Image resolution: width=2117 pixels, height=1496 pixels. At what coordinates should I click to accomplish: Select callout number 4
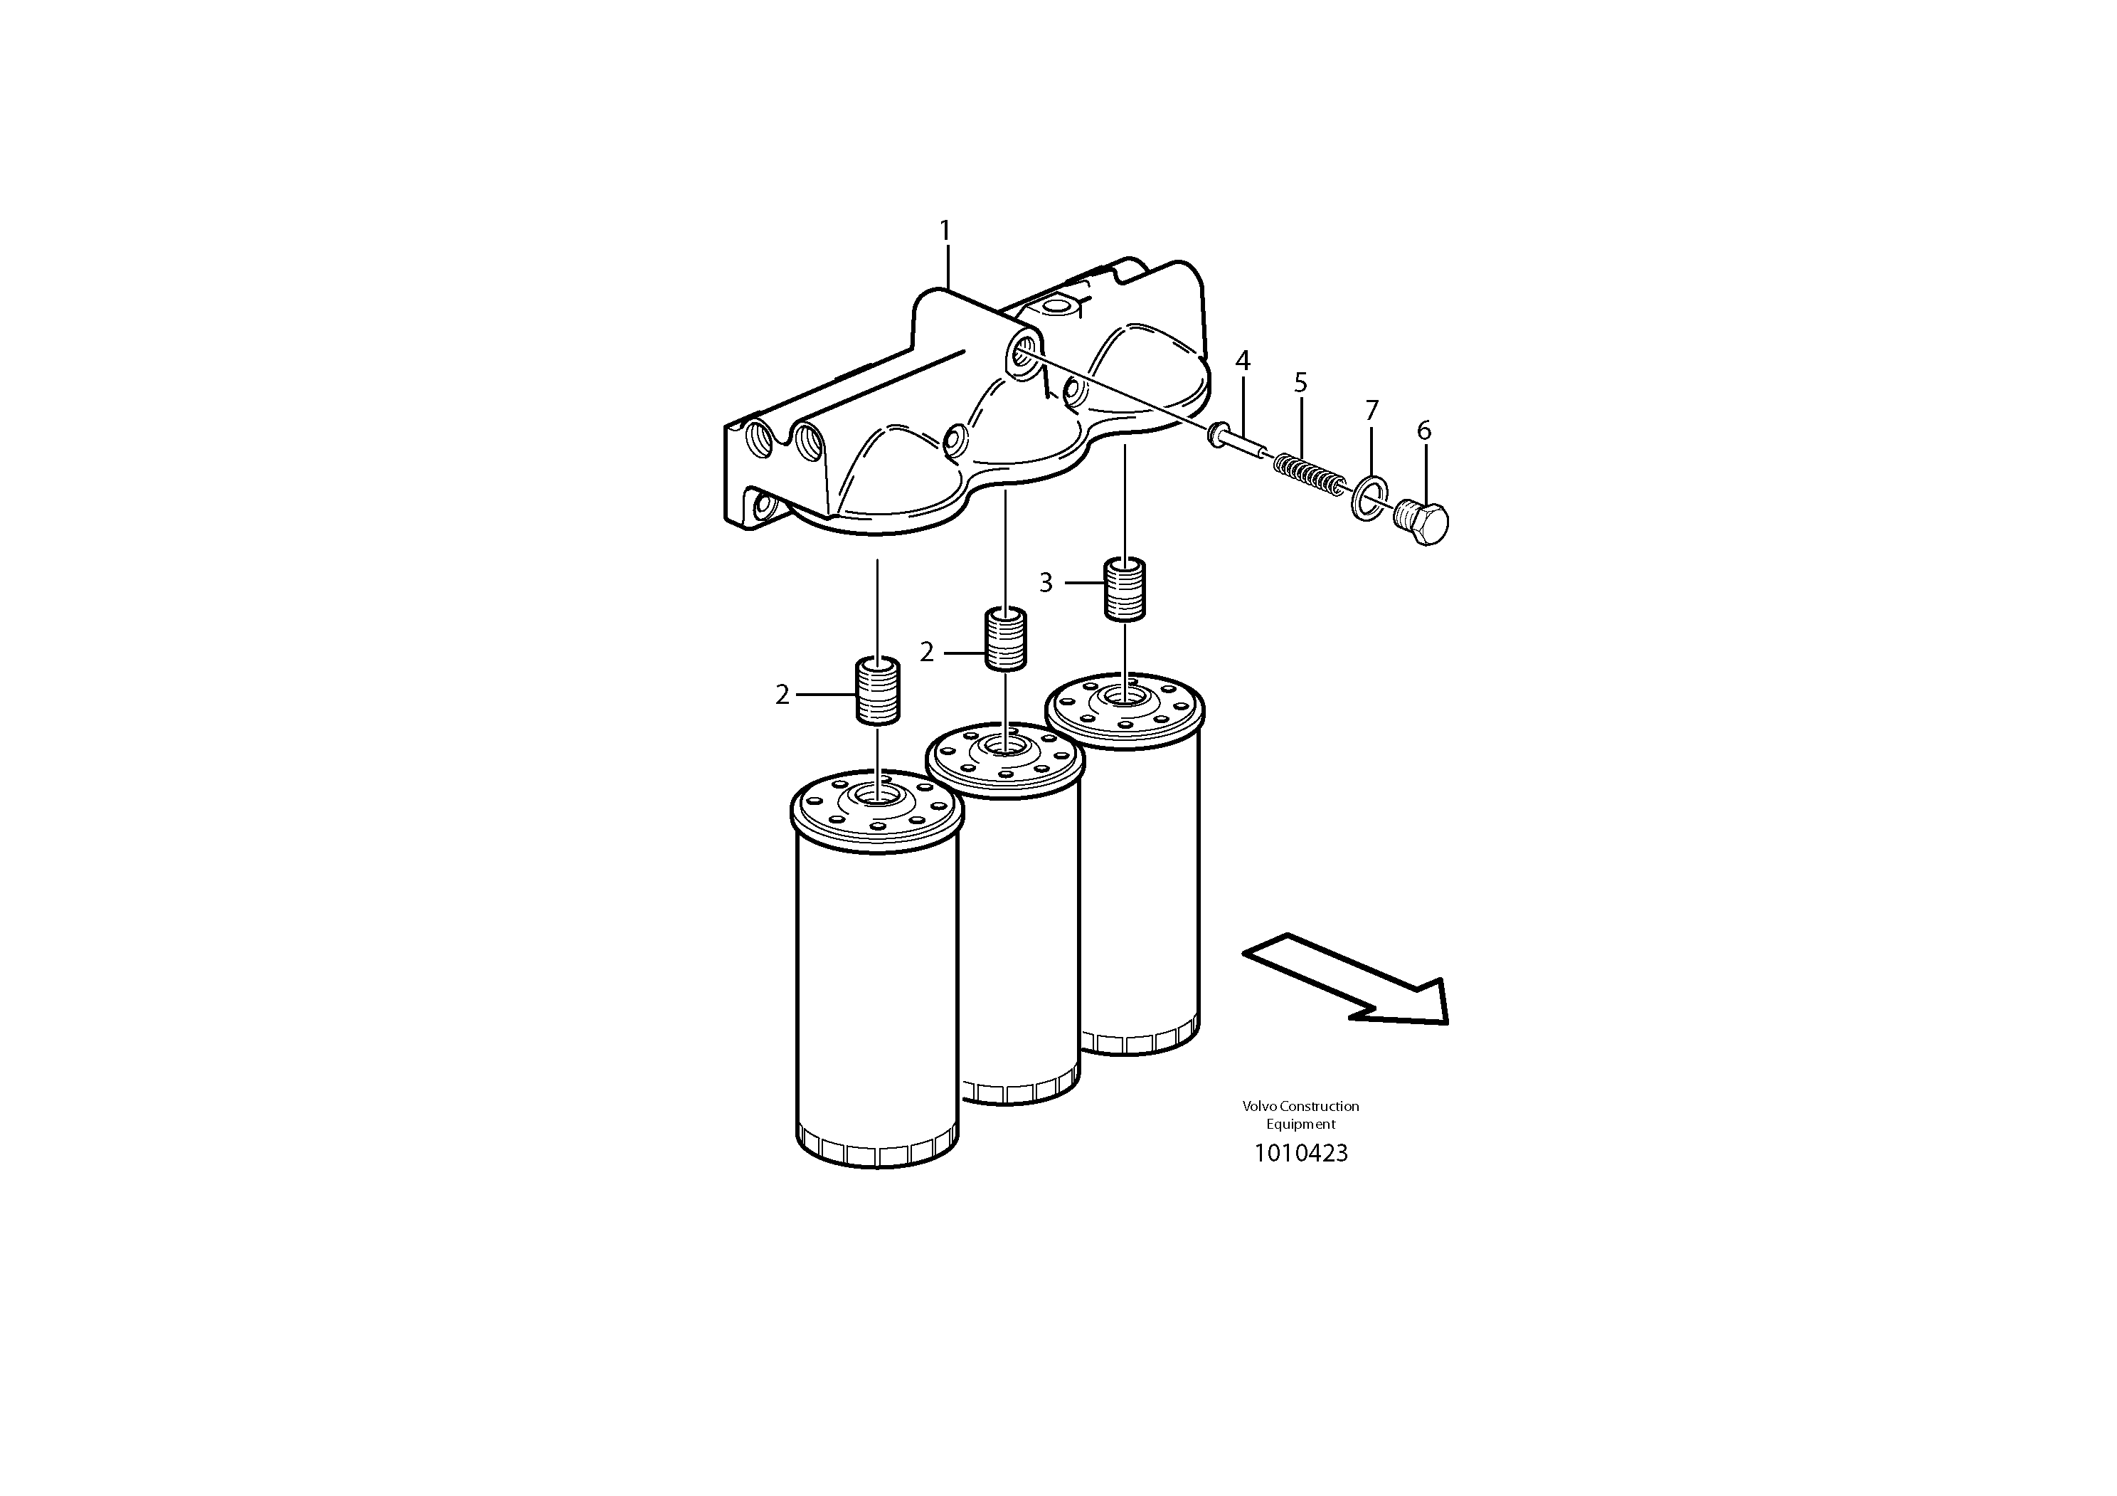click(x=1242, y=362)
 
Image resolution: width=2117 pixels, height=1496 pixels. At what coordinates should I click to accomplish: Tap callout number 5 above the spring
click(x=1300, y=383)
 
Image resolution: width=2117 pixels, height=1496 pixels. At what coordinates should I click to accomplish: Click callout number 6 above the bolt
click(x=1423, y=431)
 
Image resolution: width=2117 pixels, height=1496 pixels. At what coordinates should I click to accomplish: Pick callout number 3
click(x=1046, y=583)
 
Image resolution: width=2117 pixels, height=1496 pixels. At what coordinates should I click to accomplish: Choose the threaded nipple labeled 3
click(x=1125, y=589)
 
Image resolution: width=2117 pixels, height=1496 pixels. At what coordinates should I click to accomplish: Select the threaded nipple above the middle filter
click(x=1006, y=639)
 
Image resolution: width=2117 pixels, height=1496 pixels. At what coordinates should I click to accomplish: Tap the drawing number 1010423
click(x=1300, y=1153)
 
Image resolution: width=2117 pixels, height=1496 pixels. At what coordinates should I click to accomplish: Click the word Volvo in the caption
click(x=1258, y=1106)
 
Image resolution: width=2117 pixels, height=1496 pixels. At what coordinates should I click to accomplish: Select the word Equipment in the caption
click(x=1300, y=1124)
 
